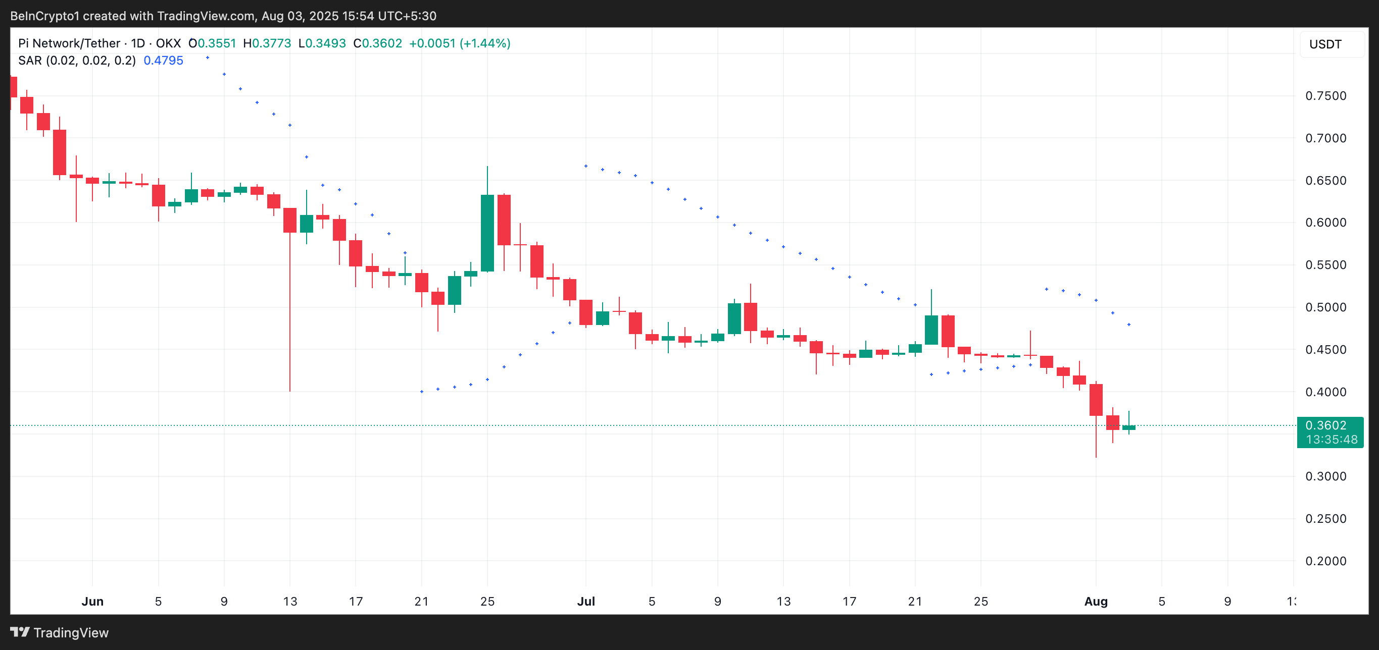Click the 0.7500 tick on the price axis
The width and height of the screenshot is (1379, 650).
(1325, 96)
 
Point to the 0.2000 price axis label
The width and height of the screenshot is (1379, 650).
(1325, 561)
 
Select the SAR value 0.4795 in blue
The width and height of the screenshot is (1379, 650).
(163, 61)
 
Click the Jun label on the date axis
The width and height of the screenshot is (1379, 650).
(92, 602)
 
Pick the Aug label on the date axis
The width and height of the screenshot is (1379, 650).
(1096, 602)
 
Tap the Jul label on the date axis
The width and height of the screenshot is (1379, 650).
(585, 602)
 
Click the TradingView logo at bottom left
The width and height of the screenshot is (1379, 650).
(59, 632)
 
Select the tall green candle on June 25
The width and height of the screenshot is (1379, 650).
(487, 233)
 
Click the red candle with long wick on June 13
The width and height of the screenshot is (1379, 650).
(289, 220)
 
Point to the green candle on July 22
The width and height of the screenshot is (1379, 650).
(931, 330)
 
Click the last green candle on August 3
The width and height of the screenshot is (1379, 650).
(1129, 427)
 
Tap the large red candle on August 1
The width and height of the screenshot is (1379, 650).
(1096, 400)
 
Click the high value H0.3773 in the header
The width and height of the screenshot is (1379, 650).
(267, 43)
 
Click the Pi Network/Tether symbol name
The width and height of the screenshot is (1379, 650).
(69, 43)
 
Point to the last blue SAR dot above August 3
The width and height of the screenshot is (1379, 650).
(1129, 324)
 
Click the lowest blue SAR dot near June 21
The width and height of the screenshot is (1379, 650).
(422, 392)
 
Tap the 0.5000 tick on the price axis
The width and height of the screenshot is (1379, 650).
(1325, 307)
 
